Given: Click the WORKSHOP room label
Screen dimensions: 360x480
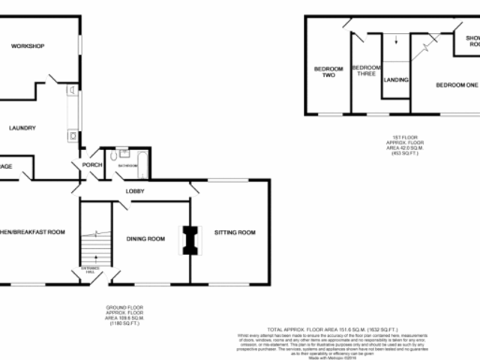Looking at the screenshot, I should coord(28,47).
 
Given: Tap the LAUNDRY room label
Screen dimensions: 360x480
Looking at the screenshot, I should coord(22,127).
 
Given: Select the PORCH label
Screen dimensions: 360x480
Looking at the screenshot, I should coord(91,166).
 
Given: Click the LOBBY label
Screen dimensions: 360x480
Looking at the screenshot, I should coord(135,193).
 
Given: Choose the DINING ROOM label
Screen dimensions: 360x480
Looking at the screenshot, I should coord(145,239).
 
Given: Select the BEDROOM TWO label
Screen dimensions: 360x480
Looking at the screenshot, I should coord(328,72).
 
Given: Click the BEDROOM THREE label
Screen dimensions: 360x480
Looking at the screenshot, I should coord(366,70).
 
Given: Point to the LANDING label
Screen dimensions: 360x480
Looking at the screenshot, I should coord(395,79).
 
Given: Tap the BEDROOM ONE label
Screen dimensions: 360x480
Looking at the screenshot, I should coord(457,85).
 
